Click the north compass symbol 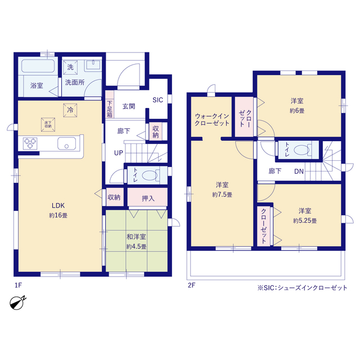point(17,303)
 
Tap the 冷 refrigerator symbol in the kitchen point(70,110)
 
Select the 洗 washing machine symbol point(70,67)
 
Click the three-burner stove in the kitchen point(30,143)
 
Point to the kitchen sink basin point(66,143)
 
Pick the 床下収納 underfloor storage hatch point(48,125)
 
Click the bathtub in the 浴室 point(38,66)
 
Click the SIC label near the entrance point(157,100)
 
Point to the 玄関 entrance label point(129,106)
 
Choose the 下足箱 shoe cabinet point(110,105)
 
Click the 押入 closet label point(148,198)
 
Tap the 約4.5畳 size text point(136,247)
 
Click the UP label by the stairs point(119,153)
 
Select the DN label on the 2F point(299,171)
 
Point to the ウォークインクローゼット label point(212,120)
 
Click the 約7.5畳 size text point(222,195)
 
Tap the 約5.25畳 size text point(305,221)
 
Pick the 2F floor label point(191,285)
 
